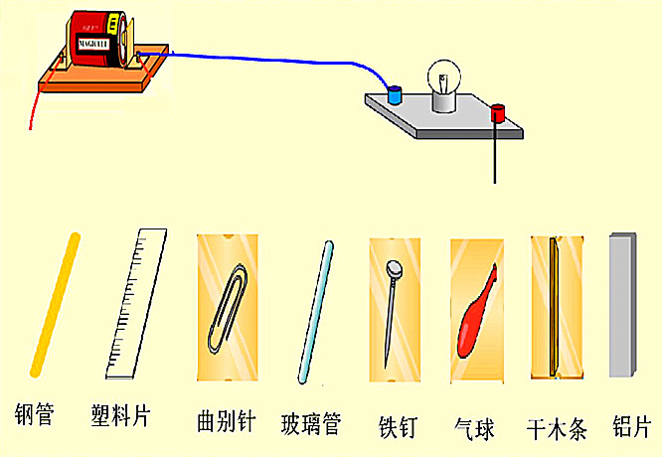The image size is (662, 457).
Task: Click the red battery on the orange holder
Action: tap(97, 43)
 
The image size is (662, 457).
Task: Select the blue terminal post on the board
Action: tap(395, 95)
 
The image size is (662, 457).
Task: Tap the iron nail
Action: tap(394, 308)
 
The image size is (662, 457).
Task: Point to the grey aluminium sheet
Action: tap(622, 305)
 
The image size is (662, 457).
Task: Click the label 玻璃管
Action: tap(311, 424)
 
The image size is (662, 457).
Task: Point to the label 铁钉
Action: tap(398, 426)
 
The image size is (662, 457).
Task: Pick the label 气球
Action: tap(476, 427)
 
